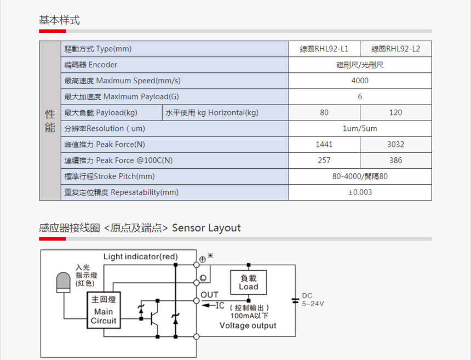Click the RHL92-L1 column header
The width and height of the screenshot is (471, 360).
pyautogui.click(x=324, y=49)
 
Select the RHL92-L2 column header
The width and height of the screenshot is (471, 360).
pyautogui.click(x=395, y=49)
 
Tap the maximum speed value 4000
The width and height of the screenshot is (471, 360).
pyautogui.click(x=360, y=81)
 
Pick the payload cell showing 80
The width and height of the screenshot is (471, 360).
pyautogui.click(x=324, y=112)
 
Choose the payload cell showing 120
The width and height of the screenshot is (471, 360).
pyautogui.click(x=395, y=112)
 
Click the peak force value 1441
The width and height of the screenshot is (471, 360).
pyautogui.click(x=324, y=144)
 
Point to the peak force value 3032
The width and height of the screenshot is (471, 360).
pyautogui.click(x=395, y=144)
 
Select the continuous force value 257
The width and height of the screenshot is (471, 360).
pyautogui.click(x=324, y=160)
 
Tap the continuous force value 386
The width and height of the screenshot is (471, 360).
pyautogui.click(x=395, y=160)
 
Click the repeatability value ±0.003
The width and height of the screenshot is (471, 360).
pyautogui.click(x=360, y=192)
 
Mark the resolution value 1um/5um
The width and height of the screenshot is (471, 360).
pyautogui.click(x=360, y=128)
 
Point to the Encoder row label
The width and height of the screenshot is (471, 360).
pyautogui.click(x=91, y=65)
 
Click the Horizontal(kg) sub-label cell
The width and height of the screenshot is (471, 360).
pyautogui.click(x=212, y=112)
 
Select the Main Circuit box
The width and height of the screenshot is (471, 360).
pyautogui.click(x=104, y=310)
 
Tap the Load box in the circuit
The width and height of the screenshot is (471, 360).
pyautogui.click(x=249, y=283)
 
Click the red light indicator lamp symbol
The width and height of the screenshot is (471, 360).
pyautogui.click(x=64, y=282)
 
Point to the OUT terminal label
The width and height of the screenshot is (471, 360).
pyautogui.click(x=209, y=295)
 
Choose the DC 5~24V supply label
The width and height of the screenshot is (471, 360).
pyautogui.click(x=313, y=300)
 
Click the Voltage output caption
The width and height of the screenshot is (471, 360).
pyautogui.click(x=248, y=325)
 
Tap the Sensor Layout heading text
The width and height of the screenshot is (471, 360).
pyautogui.click(x=206, y=228)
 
